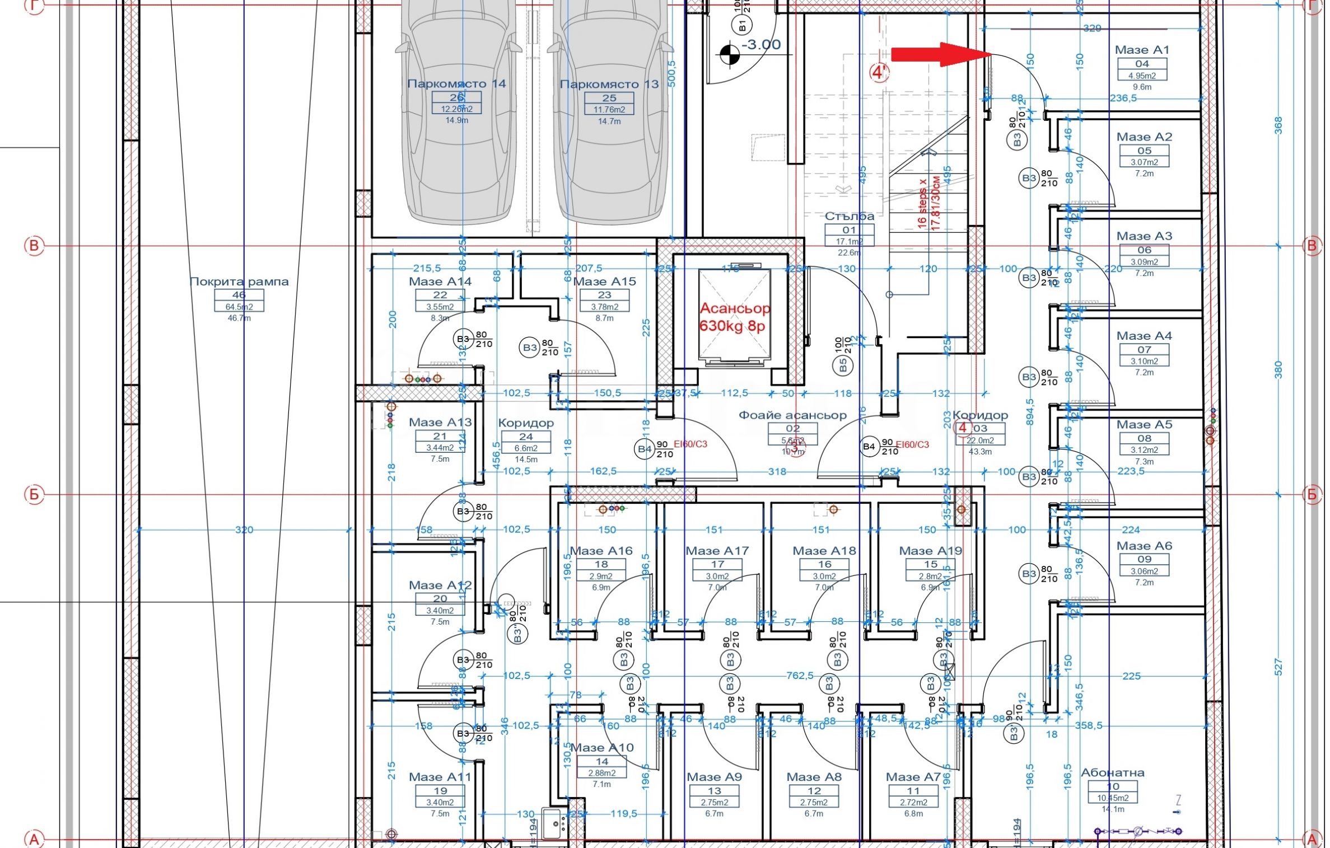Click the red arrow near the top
(941, 54)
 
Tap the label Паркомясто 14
(456, 84)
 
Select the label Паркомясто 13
(609, 85)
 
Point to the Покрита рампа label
(239, 282)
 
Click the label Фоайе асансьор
(792, 415)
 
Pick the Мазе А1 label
(1142, 50)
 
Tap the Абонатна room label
(1112, 772)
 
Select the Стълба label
(849, 216)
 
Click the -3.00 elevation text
(760, 45)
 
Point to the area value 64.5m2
(239, 307)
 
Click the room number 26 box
(456, 98)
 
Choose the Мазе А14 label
(440, 282)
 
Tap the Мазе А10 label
(602, 747)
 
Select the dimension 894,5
(1029, 412)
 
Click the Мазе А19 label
(931, 551)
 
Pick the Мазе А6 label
(1144, 546)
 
